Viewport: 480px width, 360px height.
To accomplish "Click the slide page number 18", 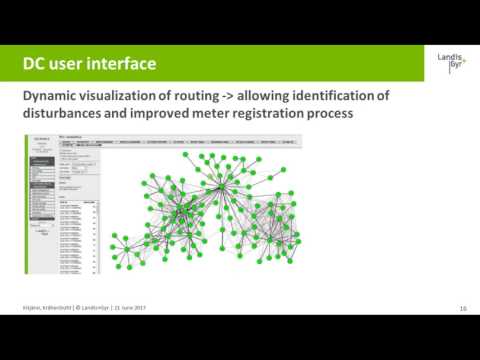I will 463,308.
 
